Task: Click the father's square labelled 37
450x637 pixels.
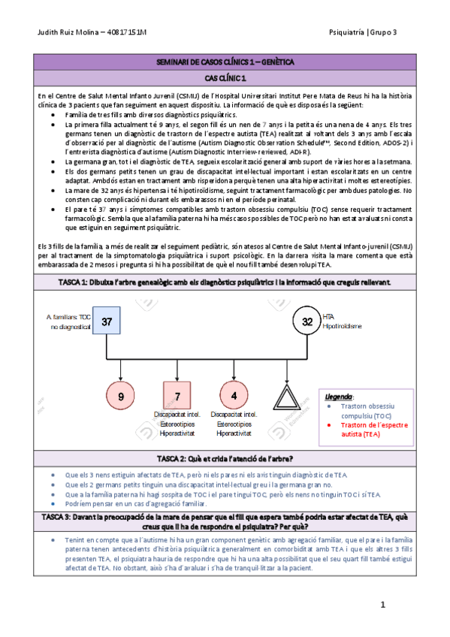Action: (107, 322)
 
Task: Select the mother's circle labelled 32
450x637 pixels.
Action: (307, 322)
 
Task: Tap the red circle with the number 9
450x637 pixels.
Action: (120, 395)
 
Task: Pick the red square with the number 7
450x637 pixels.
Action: (177, 395)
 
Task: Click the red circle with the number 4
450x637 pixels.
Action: (234, 395)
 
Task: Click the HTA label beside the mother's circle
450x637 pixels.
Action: (328, 316)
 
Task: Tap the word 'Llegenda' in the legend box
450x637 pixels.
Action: (339, 395)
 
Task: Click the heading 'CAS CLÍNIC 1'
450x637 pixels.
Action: (225, 78)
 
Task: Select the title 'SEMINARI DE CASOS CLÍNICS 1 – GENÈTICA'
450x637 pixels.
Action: (225, 62)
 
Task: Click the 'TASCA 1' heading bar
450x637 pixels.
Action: (225, 281)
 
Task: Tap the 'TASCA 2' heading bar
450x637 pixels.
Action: (225, 458)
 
